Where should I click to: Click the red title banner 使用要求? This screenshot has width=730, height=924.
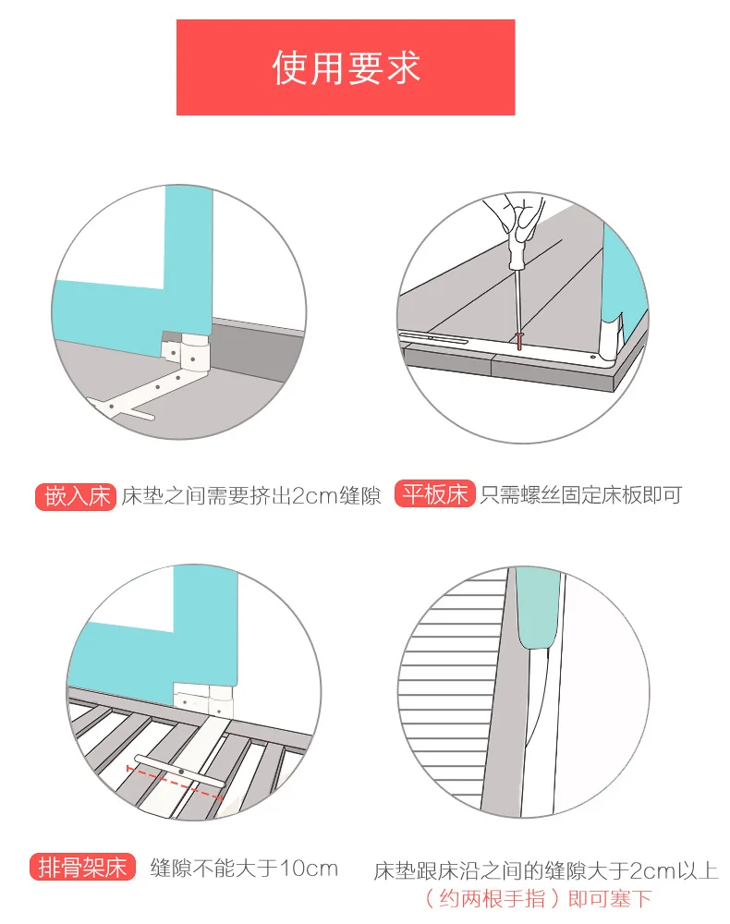click(x=346, y=67)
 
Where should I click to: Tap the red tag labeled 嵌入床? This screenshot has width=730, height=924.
click(x=76, y=496)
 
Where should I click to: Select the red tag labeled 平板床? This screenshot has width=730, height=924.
click(x=435, y=493)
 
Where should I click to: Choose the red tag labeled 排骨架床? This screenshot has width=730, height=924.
click(x=83, y=868)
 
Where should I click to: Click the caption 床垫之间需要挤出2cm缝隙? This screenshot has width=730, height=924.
click(x=251, y=496)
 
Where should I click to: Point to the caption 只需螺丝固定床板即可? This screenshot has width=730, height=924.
click(x=580, y=494)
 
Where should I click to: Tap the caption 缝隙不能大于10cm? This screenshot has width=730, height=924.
click(x=244, y=868)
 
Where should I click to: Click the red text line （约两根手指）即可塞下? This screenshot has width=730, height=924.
click(x=539, y=899)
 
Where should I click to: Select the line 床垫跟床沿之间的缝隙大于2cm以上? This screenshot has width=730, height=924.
click(x=545, y=871)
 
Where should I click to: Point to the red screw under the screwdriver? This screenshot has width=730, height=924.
click(x=519, y=340)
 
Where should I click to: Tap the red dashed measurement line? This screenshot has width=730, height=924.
click(x=175, y=784)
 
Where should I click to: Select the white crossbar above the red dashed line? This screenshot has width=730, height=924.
click(x=178, y=771)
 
